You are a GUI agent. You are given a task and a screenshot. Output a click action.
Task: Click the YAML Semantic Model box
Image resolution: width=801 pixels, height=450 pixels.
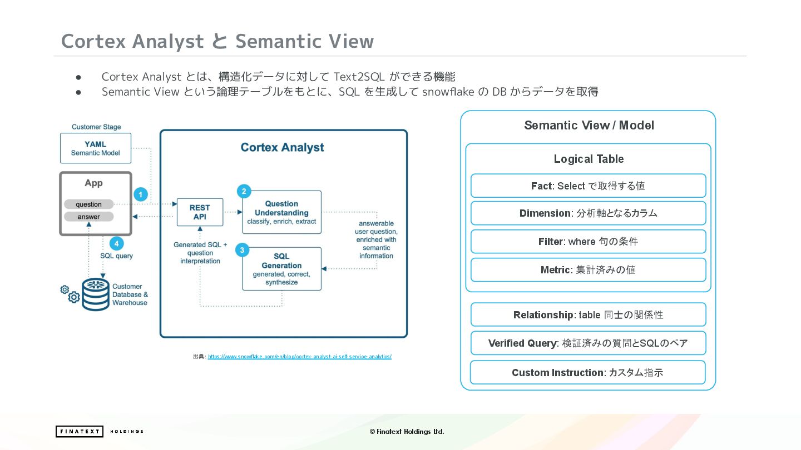96,148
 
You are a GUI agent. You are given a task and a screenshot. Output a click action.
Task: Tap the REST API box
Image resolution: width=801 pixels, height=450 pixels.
200,212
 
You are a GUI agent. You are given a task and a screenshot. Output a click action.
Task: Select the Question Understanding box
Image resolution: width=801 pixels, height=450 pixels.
281,212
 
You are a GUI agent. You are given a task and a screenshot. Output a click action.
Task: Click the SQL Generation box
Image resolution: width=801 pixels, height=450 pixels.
281,269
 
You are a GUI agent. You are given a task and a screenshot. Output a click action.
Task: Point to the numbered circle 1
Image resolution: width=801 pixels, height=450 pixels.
141,194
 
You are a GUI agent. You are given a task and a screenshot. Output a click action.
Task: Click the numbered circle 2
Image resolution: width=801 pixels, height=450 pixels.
243,191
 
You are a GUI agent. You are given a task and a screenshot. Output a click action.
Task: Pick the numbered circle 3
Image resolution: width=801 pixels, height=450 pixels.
242,250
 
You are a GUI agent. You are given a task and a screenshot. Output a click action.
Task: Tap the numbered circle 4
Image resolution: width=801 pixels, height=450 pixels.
116,243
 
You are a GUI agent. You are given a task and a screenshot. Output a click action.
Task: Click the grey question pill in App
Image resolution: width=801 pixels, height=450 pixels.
89,204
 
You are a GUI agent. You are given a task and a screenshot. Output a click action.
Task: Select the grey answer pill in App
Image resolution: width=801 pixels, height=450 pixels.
89,217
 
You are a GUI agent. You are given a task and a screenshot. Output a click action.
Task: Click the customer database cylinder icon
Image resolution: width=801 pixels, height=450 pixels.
96,294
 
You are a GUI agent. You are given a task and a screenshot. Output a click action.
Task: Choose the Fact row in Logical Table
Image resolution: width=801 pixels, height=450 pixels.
588,186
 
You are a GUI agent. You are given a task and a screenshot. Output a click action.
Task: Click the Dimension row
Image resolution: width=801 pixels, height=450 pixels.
588,213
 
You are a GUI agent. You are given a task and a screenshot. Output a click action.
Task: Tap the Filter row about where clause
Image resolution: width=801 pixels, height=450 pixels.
588,242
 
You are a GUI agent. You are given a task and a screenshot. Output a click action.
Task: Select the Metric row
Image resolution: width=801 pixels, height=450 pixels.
588,270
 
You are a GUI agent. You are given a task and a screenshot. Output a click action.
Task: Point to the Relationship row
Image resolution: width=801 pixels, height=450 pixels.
588,315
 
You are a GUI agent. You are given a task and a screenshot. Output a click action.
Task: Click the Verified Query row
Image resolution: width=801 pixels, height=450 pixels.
588,343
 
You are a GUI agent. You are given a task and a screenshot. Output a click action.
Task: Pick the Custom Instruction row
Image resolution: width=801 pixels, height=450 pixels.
587,373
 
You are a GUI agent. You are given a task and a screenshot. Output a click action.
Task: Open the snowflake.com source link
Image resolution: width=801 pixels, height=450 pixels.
299,357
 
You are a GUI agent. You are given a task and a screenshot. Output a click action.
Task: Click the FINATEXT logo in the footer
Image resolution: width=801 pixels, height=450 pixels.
80,432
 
